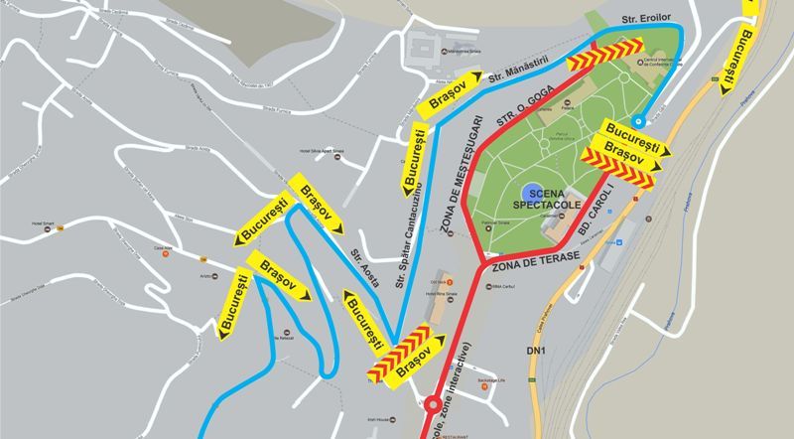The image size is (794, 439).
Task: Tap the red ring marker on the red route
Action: pos(432,404)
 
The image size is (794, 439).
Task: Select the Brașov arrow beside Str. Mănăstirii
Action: pos(453,91)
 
